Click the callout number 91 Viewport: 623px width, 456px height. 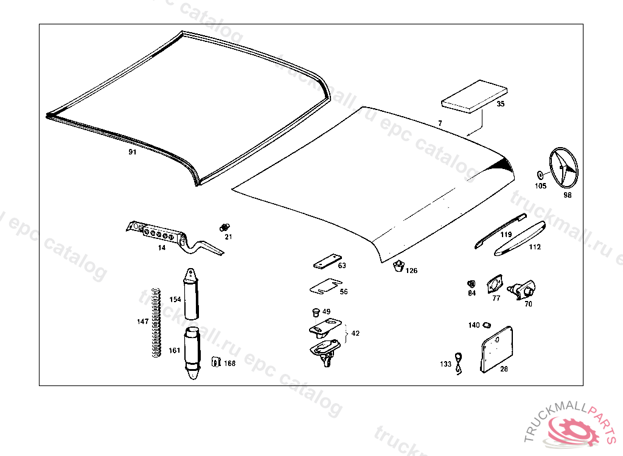pos(133,152)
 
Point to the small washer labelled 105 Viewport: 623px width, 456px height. pos(541,175)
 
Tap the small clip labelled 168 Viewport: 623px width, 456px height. pos(215,362)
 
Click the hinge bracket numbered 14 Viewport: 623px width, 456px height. pos(164,235)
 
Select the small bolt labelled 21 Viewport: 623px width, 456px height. pos(223,227)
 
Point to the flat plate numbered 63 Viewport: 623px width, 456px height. pos(325,262)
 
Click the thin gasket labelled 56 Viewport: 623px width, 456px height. pos(325,286)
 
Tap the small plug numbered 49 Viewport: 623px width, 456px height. pos(315,313)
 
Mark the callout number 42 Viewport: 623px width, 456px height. pos(355,333)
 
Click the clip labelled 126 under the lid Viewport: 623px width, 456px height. pos(398,266)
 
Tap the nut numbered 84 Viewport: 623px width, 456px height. pos(471,284)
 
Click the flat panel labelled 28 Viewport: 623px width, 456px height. pos(496,348)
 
